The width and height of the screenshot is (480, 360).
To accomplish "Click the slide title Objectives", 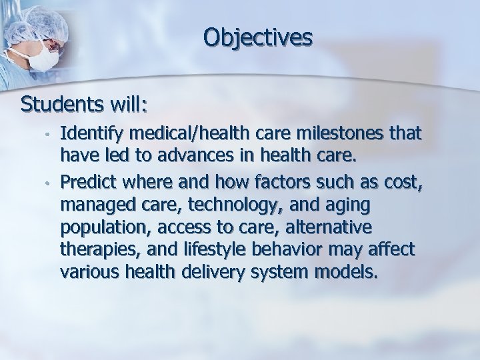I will point(258,38).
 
